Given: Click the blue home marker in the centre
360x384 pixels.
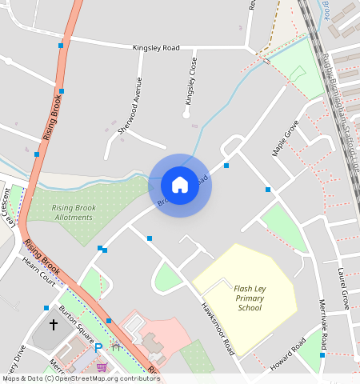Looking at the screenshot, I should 180,185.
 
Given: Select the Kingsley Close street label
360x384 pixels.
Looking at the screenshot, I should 190,81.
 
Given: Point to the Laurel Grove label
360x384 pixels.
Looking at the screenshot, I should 344,289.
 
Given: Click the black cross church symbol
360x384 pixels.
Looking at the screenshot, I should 54,325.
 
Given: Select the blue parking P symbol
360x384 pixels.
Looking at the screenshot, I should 98,348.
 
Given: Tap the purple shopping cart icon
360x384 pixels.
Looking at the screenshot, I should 102,366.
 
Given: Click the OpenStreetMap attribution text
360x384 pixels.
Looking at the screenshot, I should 80,378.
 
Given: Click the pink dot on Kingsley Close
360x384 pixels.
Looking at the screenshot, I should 194,126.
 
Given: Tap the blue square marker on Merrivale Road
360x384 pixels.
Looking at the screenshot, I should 323,355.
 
